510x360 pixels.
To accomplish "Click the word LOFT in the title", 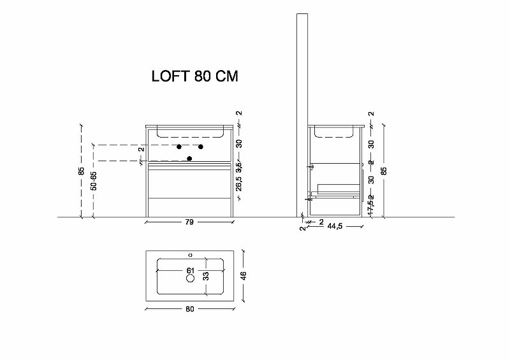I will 170,76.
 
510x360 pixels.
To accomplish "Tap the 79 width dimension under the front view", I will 189,222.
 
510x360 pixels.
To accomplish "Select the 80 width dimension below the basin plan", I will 190,309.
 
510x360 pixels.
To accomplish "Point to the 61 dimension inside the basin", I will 190,271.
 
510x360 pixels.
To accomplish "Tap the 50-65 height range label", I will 94,182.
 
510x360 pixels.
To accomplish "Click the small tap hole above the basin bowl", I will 189,255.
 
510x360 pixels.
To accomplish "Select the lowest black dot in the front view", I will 189,158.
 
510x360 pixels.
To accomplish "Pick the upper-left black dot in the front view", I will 178,147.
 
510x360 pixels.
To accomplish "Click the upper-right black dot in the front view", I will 201,147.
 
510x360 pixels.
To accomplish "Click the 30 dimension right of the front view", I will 239,143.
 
